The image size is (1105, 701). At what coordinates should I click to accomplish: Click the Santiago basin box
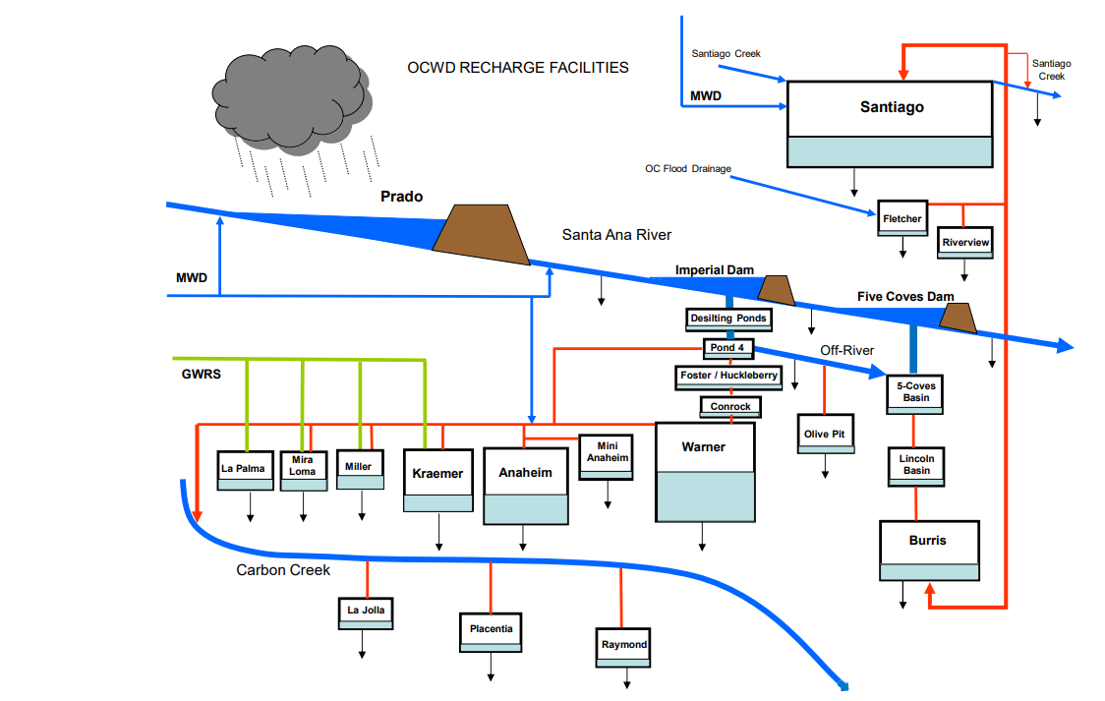pyautogui.click(x=891, y=123)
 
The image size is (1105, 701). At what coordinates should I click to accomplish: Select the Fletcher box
pyautogui.click(x=902, y=218)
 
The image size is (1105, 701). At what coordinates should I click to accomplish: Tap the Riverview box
pyautogui.click(x=965, y=242)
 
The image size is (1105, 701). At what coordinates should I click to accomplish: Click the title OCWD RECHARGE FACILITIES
pyautogui.click(x=518, y=68)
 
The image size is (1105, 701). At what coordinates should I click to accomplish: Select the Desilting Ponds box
pyautogui.click(x=727, y=319)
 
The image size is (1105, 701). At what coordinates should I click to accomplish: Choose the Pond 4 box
pyautogui.click(x=728, y=348)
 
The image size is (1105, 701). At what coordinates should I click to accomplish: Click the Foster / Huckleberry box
pyautogui.click(x=728, y=376)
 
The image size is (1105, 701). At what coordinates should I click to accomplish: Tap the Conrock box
pyautogui.click(x=729, y=406)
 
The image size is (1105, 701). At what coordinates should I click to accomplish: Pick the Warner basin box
pyautogui.click(x=704, y=472)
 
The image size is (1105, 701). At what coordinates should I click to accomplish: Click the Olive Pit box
pyautogui.click(x=824, y=434)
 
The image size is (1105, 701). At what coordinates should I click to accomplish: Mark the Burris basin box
pyautogui.click(x=929, y=551)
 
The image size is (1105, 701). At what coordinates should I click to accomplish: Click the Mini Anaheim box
pyautogui.click(x=606, y=456)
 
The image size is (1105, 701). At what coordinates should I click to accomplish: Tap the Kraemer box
pyautogui.click(x=437, y=480)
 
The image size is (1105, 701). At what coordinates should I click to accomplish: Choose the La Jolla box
pyautogui.click(x=366, y=611)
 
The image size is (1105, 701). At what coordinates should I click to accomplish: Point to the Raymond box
pyautogui.click(x=623, y=645)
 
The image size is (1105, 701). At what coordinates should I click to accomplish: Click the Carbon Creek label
pyautogui.click(x=283, y=570)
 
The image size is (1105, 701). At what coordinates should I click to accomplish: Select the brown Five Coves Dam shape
pyautogui.click(x=957, y=317)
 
